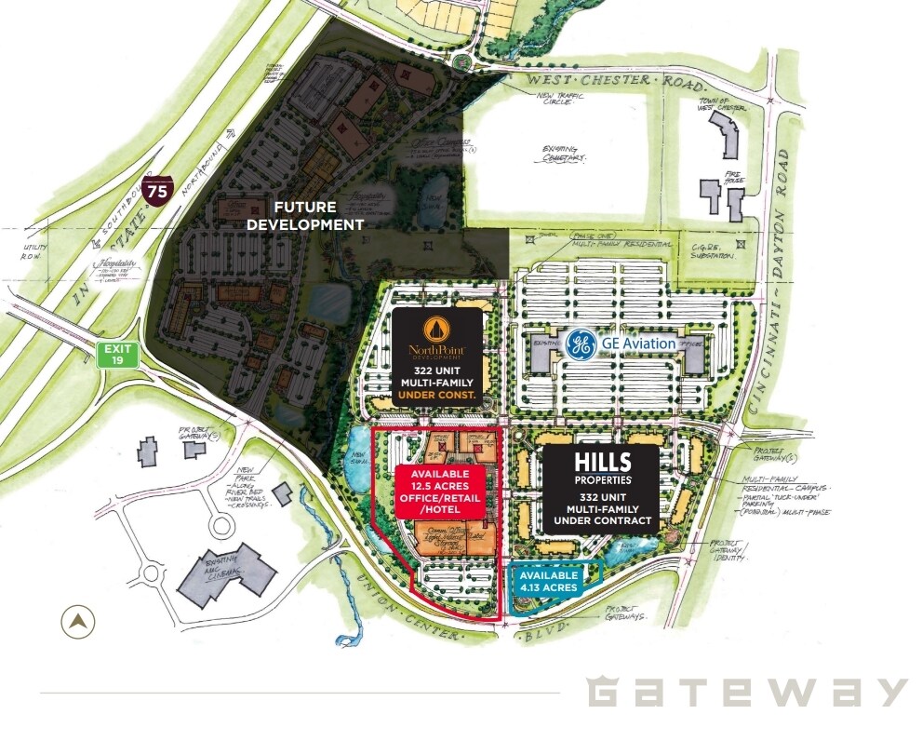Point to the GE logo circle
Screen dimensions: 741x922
click(x=581, y=344)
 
